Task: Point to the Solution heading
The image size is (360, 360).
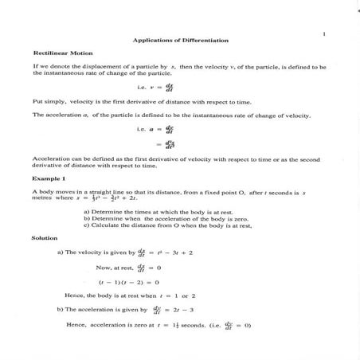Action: click(x=45, y=237)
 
